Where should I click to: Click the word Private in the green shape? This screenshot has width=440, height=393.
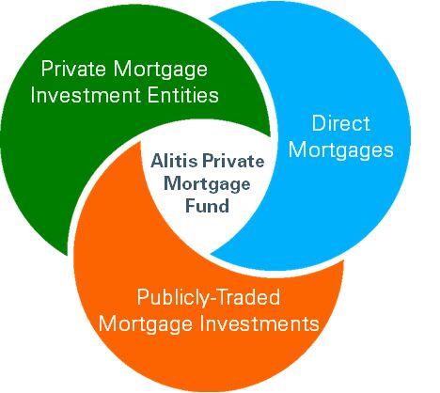coord(74,69)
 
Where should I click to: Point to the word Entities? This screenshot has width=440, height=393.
coord(182,95)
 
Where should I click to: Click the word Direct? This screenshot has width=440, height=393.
coord(341,123)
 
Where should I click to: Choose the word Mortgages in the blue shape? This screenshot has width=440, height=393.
coord(340,151)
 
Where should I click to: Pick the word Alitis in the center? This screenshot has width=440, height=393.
coord(174,161)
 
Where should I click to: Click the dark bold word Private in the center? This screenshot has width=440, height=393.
coord(233,161)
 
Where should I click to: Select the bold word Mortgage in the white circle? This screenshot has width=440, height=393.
coord(207,185)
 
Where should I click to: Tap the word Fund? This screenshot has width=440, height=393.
coord(207,206)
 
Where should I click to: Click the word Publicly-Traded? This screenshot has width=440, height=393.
coord(209,297)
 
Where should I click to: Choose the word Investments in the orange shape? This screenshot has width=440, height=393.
coord(259,322)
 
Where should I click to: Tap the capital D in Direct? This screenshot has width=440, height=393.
coord(319,123)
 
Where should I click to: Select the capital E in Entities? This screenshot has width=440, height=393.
coord(152,95)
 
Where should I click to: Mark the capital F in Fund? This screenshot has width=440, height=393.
coord(191,206)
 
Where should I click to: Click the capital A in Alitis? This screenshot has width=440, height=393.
coord(158,161)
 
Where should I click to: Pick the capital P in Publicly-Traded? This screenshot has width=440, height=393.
coord(143,297)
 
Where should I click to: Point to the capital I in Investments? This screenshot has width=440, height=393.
coord(202,322)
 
